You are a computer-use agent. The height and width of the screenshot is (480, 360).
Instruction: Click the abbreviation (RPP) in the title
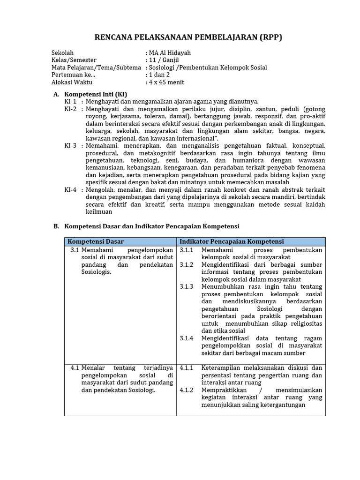pos(271,37)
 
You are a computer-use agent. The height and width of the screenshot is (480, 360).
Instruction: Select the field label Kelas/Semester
pos(74,60)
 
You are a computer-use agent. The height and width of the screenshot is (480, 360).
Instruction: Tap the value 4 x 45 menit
pos(166,82)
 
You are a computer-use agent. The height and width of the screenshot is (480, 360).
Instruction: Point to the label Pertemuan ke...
pos(73,75)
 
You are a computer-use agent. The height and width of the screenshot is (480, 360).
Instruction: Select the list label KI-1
pos(70,101)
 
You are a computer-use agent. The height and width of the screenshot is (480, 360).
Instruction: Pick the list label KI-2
pos(70,109)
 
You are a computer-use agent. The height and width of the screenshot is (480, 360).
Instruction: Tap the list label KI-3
pos(70,146)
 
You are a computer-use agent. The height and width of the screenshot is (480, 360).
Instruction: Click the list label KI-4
pos(70,190)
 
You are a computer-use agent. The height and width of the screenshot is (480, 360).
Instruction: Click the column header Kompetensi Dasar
pos(96,241)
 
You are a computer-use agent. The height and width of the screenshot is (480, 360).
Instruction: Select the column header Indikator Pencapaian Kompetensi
pos(232,241)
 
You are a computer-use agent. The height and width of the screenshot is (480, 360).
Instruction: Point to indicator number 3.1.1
pos(186,250)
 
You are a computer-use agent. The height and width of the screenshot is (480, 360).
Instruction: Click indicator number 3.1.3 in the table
pos(186,286)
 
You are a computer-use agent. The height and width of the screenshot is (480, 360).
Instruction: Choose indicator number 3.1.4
pos(186,338)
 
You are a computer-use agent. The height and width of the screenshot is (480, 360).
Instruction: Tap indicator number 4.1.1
pos(186,367)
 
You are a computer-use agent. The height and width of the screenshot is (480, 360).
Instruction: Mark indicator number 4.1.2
pos(186,390)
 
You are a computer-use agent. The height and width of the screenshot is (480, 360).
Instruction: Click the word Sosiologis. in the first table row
pos(96,272)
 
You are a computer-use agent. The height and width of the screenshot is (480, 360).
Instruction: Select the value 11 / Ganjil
pos(164,60)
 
